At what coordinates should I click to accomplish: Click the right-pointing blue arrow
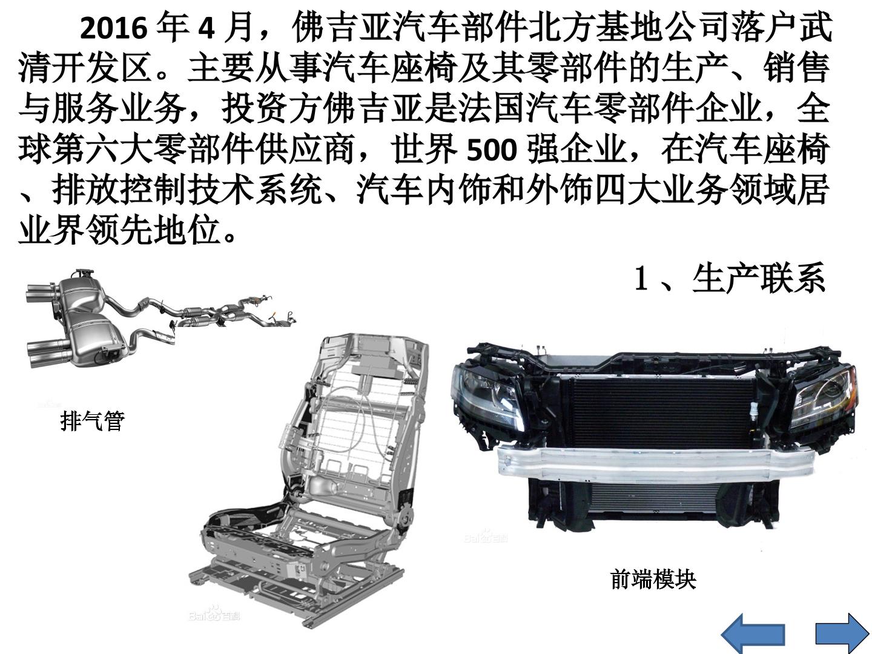coord(842,634)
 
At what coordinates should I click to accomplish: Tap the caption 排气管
coord(93,421)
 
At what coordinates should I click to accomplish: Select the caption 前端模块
coord(653,580)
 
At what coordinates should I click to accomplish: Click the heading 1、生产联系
coord(729,279)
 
